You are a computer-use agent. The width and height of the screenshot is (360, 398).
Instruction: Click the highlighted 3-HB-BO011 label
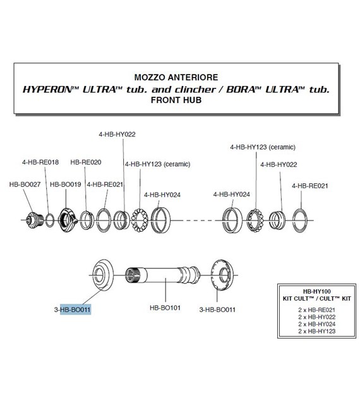72,310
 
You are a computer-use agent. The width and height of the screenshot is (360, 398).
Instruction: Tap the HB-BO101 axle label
165,308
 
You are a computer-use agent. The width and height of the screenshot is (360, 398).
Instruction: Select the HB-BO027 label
25,184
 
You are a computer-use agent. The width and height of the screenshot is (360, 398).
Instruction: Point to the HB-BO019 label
66,184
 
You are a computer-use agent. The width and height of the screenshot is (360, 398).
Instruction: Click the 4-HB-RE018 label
40,162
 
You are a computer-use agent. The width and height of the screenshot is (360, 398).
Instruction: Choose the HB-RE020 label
86,162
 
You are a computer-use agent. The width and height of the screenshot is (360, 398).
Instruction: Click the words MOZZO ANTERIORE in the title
176,78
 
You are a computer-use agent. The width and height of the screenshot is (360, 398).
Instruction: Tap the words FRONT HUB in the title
176,100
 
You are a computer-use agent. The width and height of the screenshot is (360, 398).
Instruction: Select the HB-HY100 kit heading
317,292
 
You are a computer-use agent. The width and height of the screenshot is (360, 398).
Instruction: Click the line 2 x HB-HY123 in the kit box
317,331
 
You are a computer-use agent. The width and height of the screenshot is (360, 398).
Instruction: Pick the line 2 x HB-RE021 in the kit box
317,310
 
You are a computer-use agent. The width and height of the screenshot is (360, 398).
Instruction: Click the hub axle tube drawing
163,275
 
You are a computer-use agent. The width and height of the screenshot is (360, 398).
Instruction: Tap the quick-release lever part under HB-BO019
68,220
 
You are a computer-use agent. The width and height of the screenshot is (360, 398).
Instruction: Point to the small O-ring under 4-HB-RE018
50,220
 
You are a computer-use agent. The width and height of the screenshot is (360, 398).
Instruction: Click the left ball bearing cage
140,220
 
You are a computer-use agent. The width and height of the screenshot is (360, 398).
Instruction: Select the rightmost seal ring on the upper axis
300,220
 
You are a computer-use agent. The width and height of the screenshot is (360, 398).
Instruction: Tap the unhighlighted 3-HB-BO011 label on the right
217,310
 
